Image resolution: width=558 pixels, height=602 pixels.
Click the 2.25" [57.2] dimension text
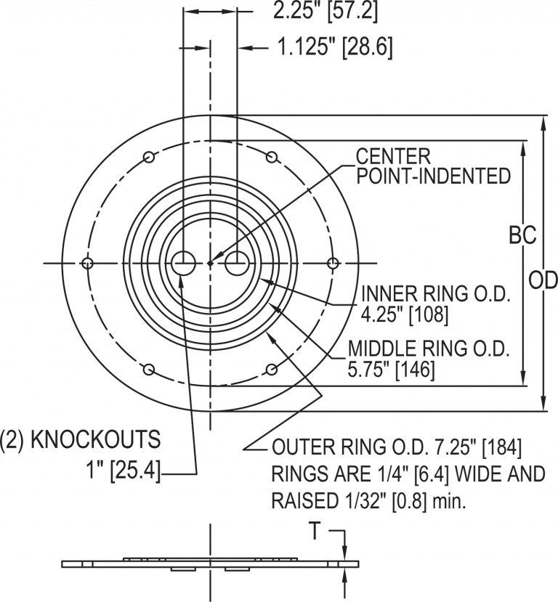325,12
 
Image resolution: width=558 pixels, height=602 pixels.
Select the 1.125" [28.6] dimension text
335,48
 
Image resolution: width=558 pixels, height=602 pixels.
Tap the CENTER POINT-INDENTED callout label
432,166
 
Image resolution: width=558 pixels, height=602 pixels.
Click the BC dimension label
522,236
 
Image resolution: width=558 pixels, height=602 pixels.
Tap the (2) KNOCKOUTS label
80,439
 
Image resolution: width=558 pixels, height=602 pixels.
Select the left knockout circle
182,263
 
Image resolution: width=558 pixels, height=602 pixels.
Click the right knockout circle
237,263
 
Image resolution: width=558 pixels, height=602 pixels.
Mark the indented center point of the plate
210,263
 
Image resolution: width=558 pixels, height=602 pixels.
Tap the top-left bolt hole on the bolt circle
148,157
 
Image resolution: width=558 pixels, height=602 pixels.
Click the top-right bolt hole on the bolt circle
272,157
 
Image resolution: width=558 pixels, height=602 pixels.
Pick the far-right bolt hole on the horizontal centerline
333,263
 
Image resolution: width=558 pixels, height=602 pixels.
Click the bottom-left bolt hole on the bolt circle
148,370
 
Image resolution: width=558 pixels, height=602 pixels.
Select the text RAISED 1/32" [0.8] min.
371,500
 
